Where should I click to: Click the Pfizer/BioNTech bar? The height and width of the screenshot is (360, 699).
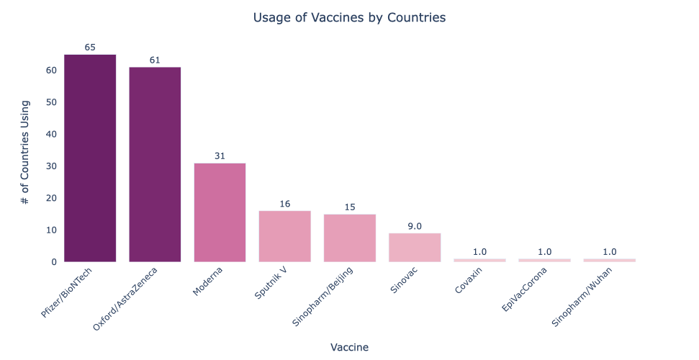(90, 158)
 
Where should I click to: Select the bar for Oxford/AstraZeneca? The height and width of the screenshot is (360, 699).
(155, 164)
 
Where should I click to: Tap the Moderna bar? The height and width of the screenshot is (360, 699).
(220, 212)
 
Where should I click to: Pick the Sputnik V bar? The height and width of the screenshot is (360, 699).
(284, 236)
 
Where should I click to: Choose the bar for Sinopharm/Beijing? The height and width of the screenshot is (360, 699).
(349, 238)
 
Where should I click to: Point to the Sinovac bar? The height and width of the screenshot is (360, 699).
(414, 247)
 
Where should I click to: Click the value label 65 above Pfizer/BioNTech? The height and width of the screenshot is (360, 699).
(90, 48)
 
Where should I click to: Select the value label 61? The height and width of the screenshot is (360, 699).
(155, 60)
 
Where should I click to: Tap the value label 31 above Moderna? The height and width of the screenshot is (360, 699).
(220, 156)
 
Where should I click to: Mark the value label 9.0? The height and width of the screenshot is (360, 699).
(414, 226)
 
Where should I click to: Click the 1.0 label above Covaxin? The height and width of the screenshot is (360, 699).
(479, 252)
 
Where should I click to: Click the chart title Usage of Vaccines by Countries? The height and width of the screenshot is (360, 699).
(349, 17)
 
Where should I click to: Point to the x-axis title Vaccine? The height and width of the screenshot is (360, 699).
(349, 347)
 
